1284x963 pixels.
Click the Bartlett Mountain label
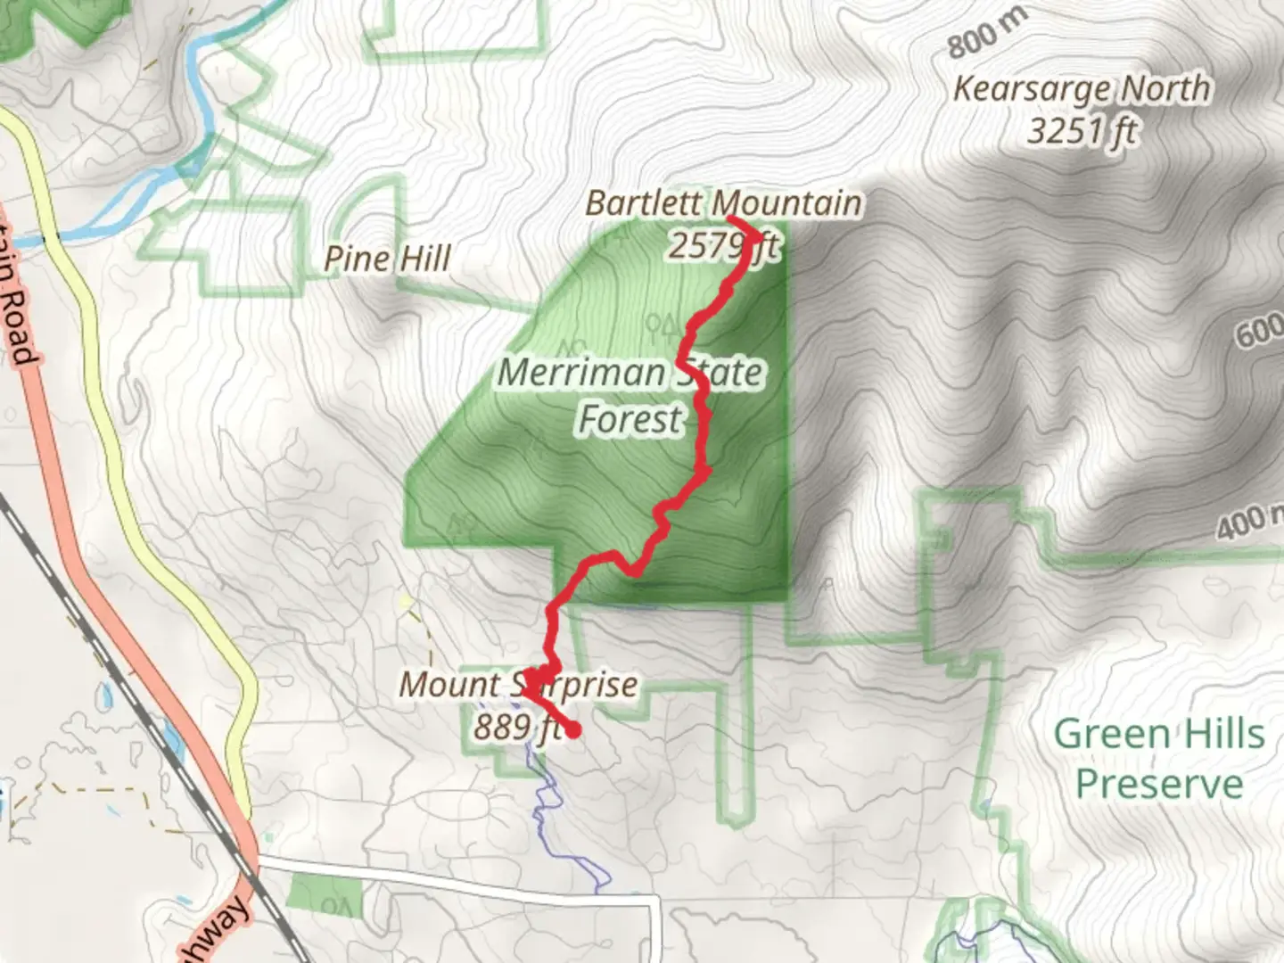point(723,203)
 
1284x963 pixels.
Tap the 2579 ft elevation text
point(722,245)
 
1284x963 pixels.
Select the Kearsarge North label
point(1082,89)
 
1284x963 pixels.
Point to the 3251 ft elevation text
point(1082,131)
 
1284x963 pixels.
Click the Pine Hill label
point(387,259)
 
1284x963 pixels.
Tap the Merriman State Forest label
point(630,395)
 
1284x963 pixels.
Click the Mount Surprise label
point(517,685)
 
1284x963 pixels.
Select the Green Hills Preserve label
point(1159,759)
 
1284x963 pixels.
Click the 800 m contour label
point(986,35)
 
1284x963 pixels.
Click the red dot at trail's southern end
point(573,730)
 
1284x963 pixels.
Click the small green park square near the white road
point(326,895)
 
